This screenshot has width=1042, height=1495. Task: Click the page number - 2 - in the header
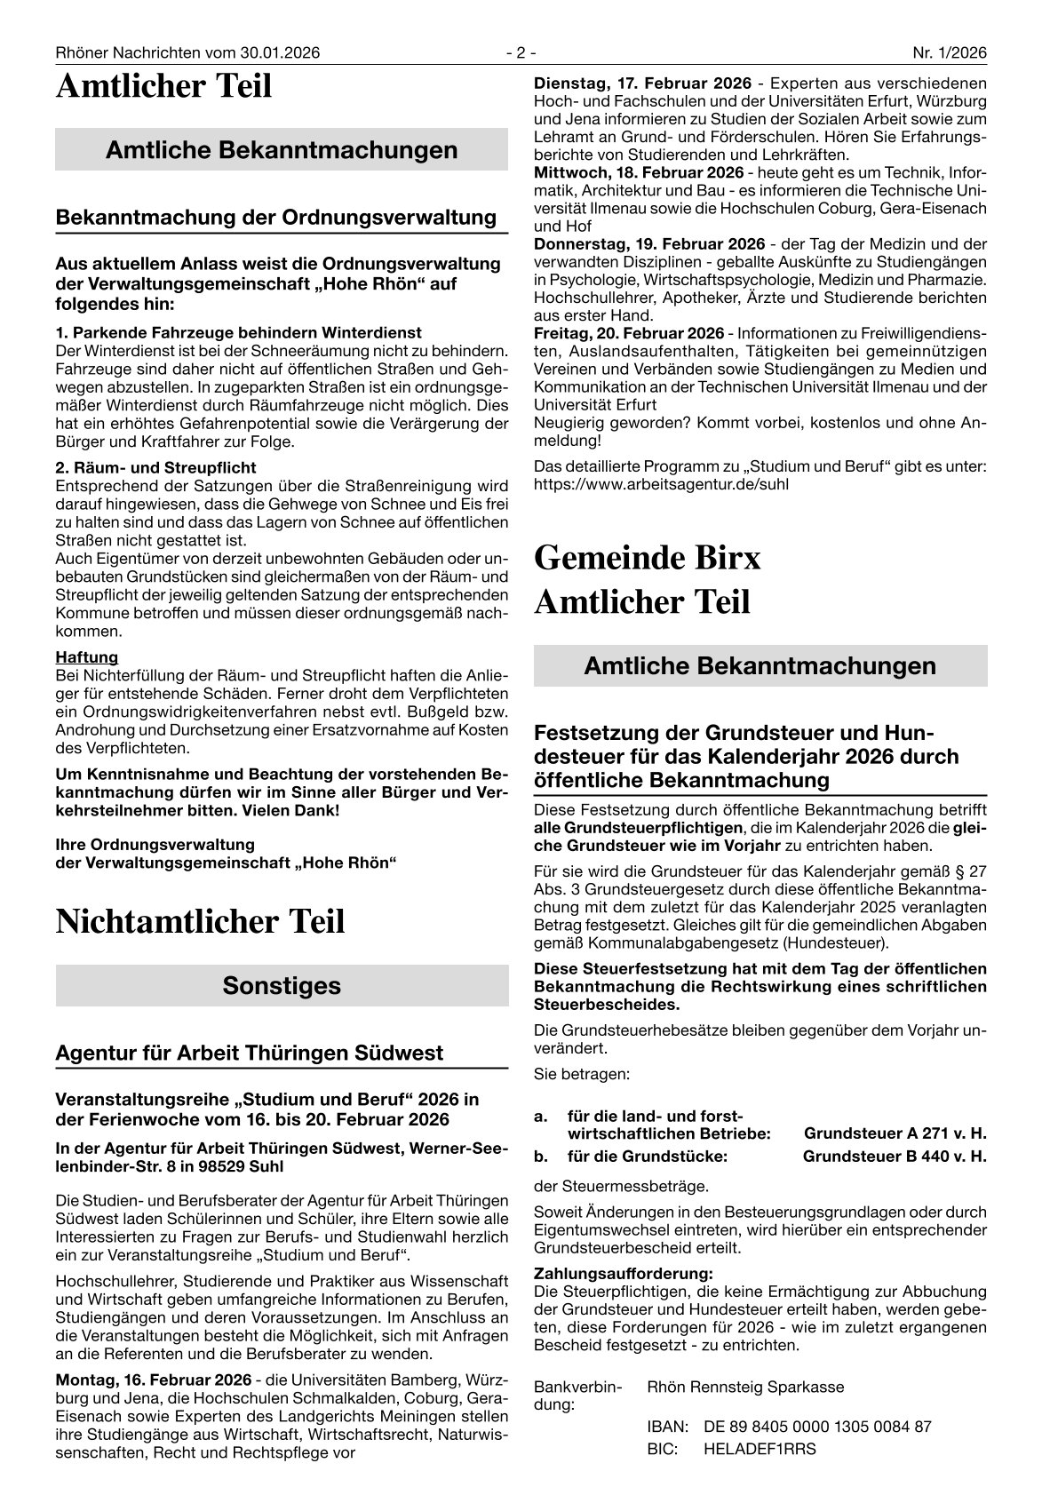click(x=521, y=53)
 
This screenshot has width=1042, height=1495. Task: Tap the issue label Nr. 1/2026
click(x=950, y=53)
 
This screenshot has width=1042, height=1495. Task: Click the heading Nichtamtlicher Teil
click(x=200, y=922)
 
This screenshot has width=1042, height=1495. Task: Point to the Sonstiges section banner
click(x=282, y=985)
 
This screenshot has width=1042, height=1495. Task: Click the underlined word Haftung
click(x=86, y=657)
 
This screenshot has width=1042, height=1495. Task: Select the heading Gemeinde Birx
click(x=648, y=558)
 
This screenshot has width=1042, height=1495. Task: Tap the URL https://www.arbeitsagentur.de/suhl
click(x=661, y=484)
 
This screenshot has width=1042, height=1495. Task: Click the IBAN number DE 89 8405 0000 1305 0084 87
click(x=817, y=1427)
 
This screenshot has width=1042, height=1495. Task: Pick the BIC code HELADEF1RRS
click(x=760, y=1449)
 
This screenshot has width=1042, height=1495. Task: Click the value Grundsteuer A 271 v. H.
click(x=895, y=1133)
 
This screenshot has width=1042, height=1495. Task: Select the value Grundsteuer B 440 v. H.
click(x=895, y=1157)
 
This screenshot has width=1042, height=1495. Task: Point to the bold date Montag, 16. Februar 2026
click(x=153, y=1380)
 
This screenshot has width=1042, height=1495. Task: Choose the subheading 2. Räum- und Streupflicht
click(x=155, y=468)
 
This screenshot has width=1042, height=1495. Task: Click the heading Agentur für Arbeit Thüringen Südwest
click(x=249, y=1053)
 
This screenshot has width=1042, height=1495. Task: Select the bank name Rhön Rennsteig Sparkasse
click(x=745, y=1387)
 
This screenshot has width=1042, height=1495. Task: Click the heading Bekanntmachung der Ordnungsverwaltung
click(x=275, y=217)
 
